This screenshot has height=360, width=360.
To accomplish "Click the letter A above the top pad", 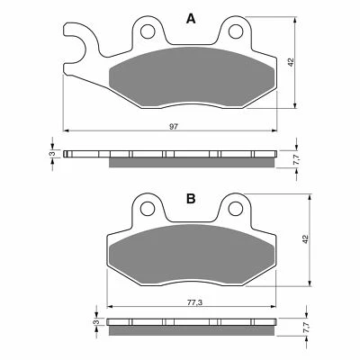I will coord(189,18).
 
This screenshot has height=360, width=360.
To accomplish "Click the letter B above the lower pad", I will coord(190,199).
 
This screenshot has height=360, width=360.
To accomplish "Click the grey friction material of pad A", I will coord(189,76).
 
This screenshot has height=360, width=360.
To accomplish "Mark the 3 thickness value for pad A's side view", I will coord(52,154).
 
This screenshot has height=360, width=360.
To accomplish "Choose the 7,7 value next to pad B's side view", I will coord(305,328).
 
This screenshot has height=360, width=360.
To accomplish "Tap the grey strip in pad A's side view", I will coord(189,163).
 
